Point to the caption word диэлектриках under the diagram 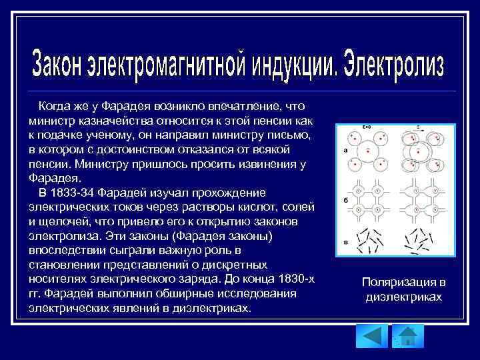point(404,297)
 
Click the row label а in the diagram point(346,151)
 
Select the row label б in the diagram point(346,200)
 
